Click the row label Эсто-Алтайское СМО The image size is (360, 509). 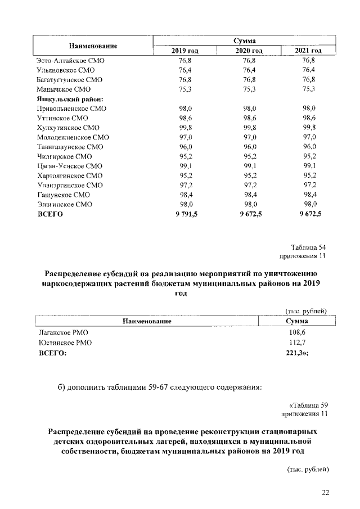pos(70,60)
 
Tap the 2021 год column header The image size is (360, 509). pos(308,51)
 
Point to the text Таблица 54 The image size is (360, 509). pos(309,247)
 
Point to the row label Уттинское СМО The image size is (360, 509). pos(63,118)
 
